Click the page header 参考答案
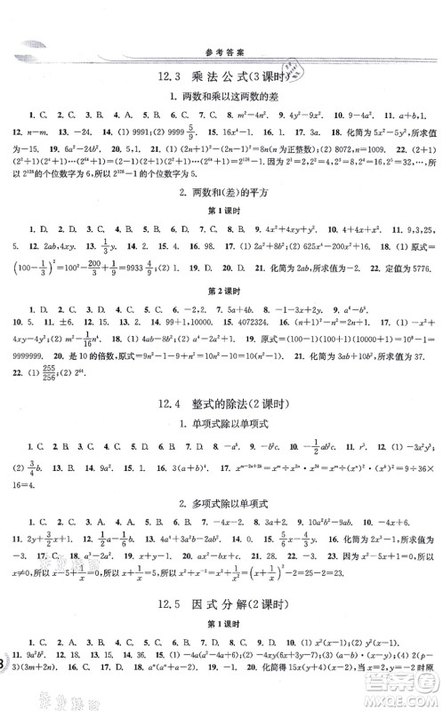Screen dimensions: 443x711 coord(221,51)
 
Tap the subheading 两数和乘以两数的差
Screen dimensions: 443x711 coord(221,97)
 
